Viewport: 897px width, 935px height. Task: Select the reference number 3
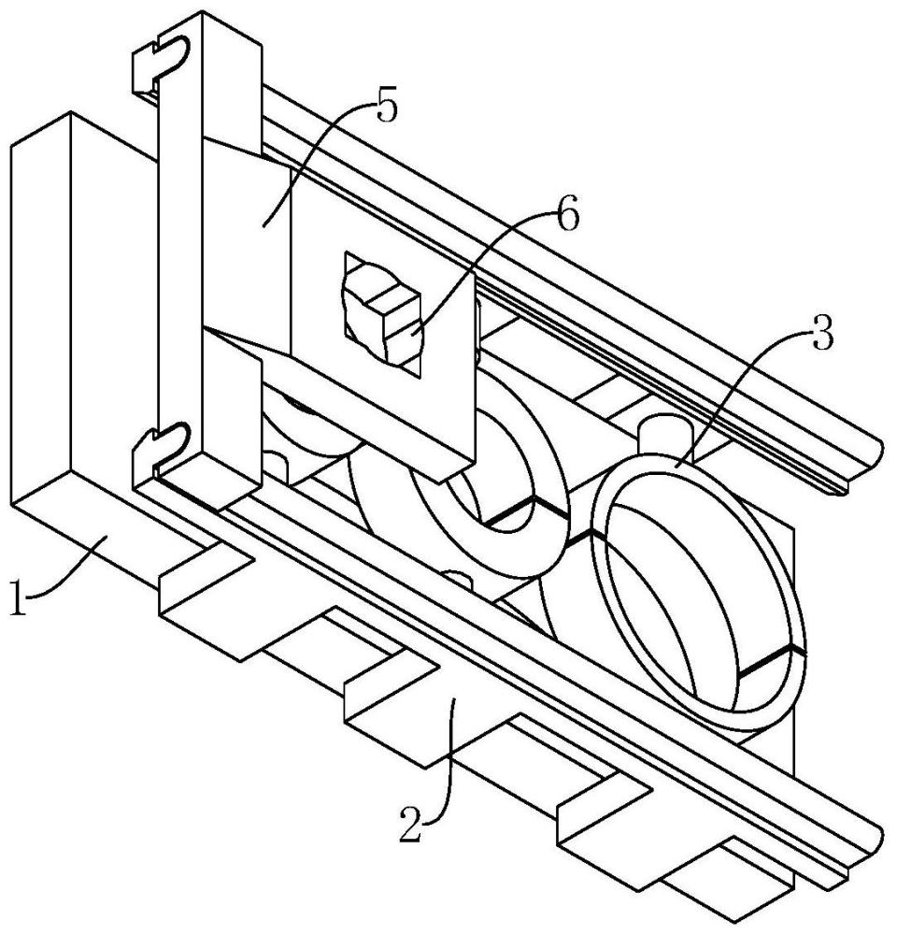(x=821, y=335)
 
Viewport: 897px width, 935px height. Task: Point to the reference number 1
(x=19, y=598)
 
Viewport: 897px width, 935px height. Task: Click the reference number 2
(x=411, y=824)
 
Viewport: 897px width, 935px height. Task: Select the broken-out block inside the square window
(x=381, y=316)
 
